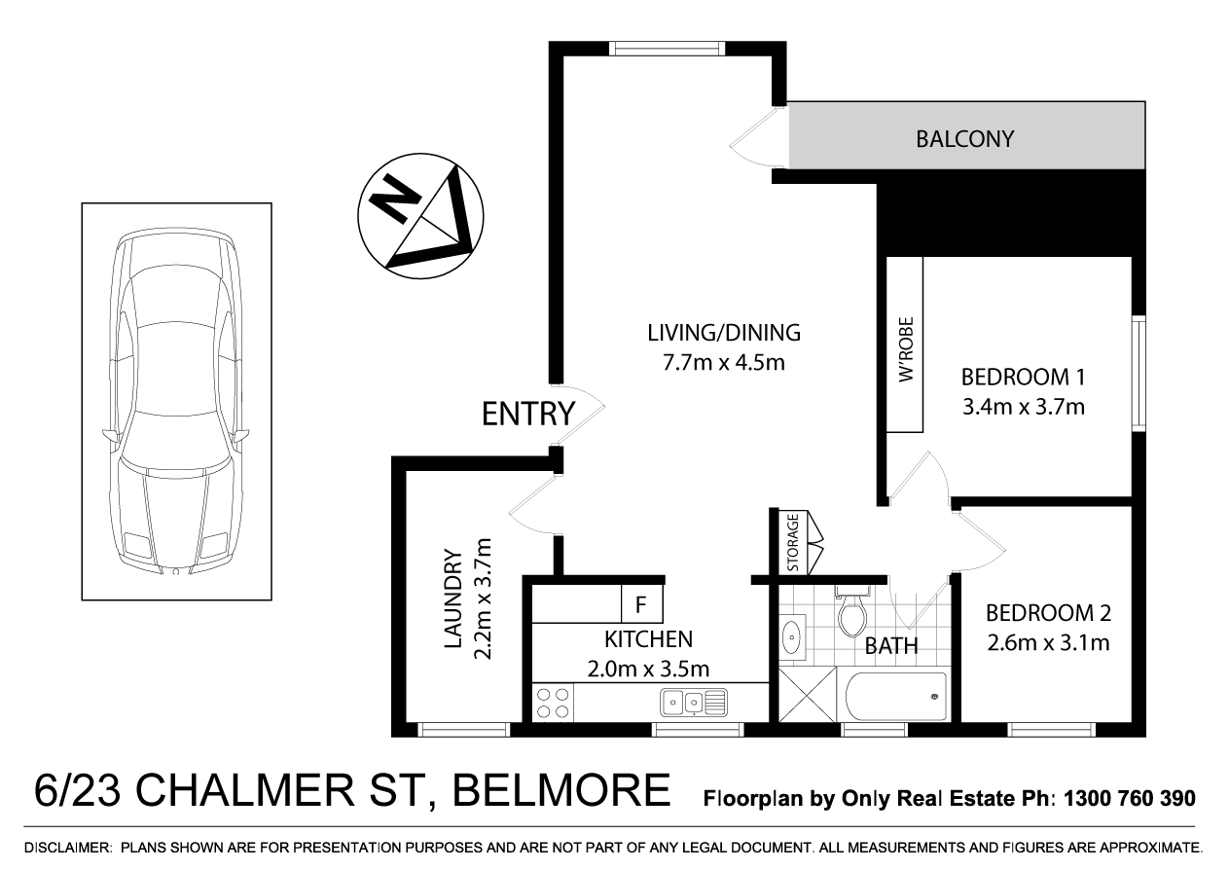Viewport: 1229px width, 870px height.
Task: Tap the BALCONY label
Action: pyautogui.click(x=964, y=139)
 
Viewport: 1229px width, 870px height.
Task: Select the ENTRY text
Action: pyautogui.click(x=528, y=415)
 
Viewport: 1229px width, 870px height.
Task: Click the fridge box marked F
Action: pyautogui.click(x=641, y=603)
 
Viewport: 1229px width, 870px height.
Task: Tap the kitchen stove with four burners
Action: pyautogui.click(x=554, y=703)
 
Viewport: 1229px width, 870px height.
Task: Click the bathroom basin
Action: pyautogui.click(x=792, y=638)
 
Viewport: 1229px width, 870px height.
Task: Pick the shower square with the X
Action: pyautogui.click(x=808, y=696)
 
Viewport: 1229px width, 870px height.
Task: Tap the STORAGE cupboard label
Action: pyautogui.click(x=793, y=543)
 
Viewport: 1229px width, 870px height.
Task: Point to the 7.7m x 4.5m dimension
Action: pyautogui.click(x=723, y=363)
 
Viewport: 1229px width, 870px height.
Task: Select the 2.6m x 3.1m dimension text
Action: pyautogui.click(x=1048, y=642)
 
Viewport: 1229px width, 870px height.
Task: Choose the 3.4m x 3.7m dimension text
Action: pyautogui.click(x=1022, y=406)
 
